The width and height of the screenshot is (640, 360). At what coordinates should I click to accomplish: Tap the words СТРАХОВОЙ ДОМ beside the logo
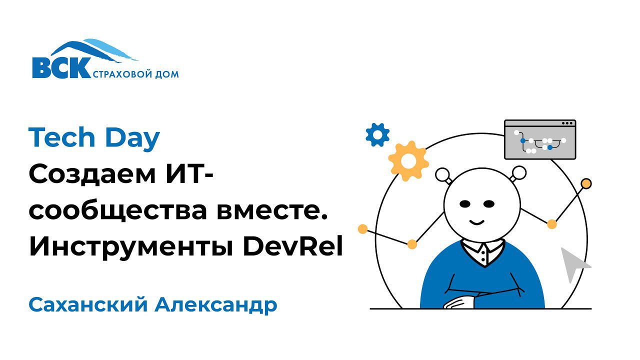tap(136, 74)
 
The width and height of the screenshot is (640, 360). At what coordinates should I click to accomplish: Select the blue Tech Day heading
tap(94, 138)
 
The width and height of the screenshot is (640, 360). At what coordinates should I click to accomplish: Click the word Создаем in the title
tap(97, 174)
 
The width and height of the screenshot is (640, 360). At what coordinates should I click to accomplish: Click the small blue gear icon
tap(377, 134)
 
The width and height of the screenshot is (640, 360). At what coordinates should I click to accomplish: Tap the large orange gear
tap(408, 160)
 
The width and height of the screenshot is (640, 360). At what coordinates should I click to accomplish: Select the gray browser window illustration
tap(540, 139)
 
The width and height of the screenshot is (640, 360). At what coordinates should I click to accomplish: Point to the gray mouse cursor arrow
tap(573, 263)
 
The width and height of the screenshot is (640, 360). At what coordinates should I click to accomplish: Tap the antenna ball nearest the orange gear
tap(442, 174)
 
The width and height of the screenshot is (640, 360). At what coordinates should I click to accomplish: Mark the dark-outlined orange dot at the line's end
tap(586, 183)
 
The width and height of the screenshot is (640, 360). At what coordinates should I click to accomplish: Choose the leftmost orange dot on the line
tap(363, 229)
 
